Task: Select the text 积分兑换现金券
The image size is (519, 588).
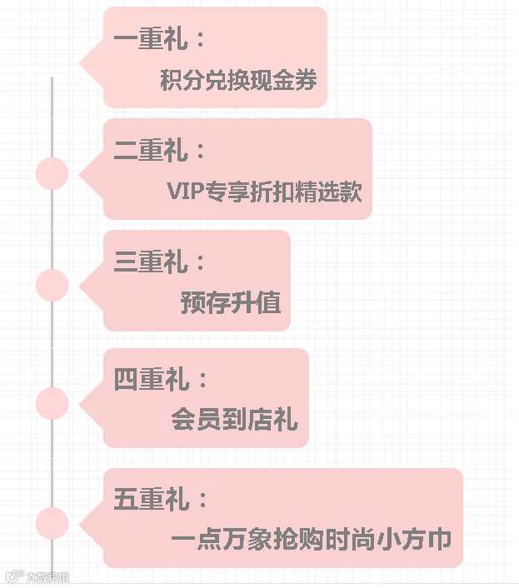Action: click(x=238, y=81)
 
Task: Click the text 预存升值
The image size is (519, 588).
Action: click(x=230, y=302)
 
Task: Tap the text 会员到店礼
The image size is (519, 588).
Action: click(x=234, y=419)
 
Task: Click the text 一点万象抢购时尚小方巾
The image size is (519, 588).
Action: click(x=311, y=539)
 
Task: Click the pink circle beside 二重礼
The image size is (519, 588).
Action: click(x=52, y=174)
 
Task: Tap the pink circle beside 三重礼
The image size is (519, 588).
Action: click(x=52, y=286)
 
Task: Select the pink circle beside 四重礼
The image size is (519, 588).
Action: click(x=52, y=403)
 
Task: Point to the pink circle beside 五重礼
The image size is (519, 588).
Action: click(x=52, y=523)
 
